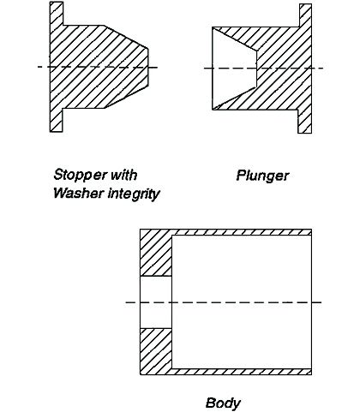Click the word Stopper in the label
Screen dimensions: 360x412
[77, 175]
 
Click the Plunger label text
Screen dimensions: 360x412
[262, 176]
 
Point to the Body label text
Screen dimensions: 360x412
[223, 403]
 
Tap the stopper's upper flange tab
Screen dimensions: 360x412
[57, 14]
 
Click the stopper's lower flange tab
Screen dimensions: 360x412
[57, 120]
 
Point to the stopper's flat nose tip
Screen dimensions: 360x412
[148, 67]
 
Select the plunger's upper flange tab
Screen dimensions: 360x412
[305, 15]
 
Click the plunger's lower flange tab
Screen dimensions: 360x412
[304, 122]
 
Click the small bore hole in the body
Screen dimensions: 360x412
[156, 302]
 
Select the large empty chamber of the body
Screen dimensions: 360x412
[242, 302]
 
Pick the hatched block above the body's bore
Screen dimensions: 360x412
[156, 253]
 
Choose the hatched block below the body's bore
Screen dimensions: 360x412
[156, 351]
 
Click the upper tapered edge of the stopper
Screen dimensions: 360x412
[126, 37]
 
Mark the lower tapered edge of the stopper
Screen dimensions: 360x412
[126, 97]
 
